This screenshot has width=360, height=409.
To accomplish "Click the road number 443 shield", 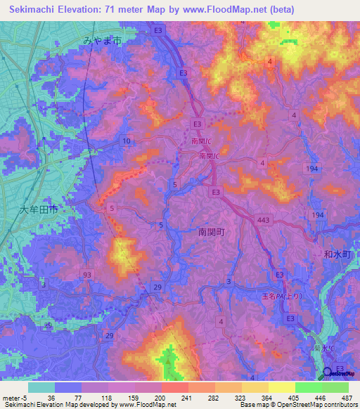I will click(x=264, y=221).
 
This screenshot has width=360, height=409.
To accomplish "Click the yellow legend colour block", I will click(x=281, y=387).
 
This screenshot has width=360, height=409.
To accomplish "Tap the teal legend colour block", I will click(x=41, y=387).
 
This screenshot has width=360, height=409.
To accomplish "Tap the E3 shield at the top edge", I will click(x=159, y=31).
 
